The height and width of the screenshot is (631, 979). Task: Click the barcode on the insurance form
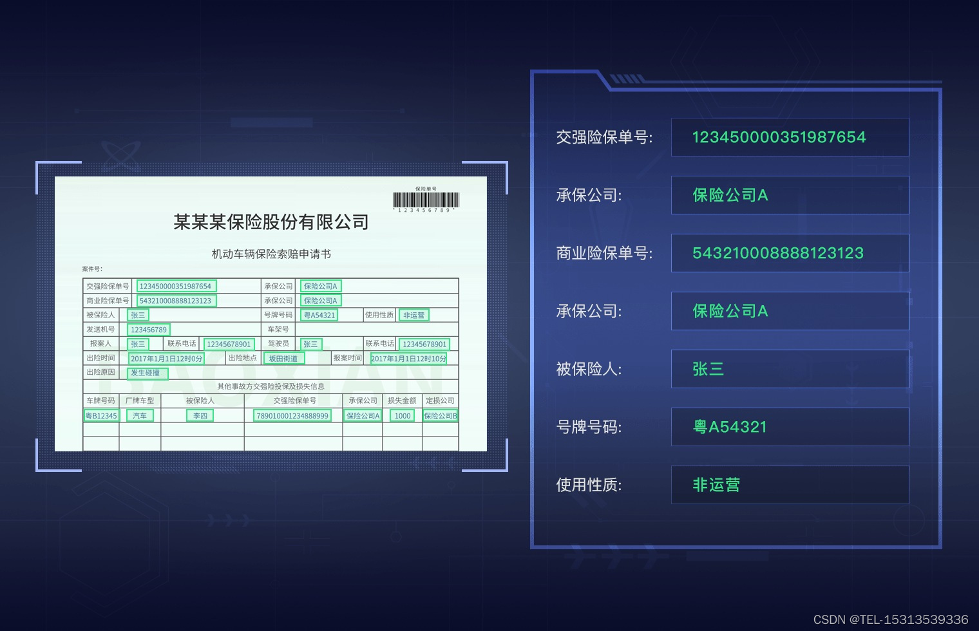[x=426, y=200]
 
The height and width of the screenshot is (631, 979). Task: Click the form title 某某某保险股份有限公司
[x=271, y=222]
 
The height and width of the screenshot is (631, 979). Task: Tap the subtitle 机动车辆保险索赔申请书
[x=271, y=254]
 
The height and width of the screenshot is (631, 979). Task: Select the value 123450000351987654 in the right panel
[x=779, y=137]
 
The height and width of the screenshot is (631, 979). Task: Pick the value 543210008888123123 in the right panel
[x=777, y=253]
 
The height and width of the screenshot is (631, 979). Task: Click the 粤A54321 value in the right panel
[x=730, y=427]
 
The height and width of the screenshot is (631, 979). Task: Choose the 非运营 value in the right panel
[x=716, y=485]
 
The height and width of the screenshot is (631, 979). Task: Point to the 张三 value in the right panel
[x=708, y=369]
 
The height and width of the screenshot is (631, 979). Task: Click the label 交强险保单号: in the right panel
[x=604, y=137]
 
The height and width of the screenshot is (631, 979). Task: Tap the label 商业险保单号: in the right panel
[x=604, y=253]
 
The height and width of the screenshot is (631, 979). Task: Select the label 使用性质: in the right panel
[x=589, y=485]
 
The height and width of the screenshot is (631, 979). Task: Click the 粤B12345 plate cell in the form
[x=102, y=416]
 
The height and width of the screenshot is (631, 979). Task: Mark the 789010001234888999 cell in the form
[x=292, y=416]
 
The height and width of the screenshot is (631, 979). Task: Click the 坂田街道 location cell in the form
[x=283, y=359]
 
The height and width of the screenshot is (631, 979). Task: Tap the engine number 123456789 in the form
[x=149, y=330]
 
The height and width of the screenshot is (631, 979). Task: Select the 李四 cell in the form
[x=200, y=416]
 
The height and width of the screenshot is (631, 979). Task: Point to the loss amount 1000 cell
[x=403, y=416]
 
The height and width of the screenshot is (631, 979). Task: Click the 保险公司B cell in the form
[x=440, y=416]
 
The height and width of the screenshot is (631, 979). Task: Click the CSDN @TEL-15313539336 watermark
[x=891, y=619]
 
